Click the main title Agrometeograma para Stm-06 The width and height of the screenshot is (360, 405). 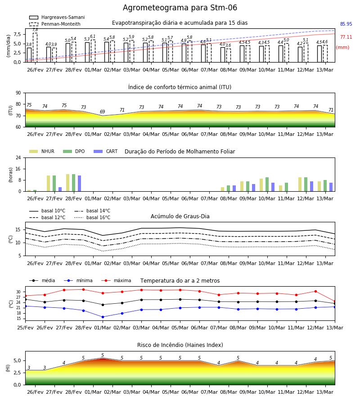click(x=180, y=8)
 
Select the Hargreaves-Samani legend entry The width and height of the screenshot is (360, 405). click(x=57, y=17)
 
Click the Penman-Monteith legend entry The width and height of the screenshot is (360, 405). click(x=55, y=24)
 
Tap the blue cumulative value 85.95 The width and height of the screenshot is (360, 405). click(x=346, y=24)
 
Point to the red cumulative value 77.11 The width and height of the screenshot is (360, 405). click(x=346, y=37)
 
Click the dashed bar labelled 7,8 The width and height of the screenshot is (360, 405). click(x=35, y=48)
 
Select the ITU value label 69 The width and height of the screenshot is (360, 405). click(x=103, y=112)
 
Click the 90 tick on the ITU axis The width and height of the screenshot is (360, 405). click(x=18, y=93)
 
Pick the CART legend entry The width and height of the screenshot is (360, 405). click(x=106, y=151)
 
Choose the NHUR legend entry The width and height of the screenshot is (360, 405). click(x=42, y=151)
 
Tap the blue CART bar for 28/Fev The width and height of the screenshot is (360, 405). click(x=80, y=184)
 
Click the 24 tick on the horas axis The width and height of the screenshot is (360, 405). click(x=18, y=157)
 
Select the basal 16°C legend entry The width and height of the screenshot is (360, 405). click(x=92, y=217)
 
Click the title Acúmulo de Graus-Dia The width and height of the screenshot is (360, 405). click(x=180, y=216)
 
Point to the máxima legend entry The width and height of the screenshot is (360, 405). click(x=116, y=280)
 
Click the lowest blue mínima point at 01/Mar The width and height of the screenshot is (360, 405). click(x=103, y=317)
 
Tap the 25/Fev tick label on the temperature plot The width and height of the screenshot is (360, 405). click(x=25, y=328)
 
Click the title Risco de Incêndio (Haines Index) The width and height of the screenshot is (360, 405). click(x=180, y=345)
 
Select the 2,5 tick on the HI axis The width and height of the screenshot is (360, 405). click(x=18, y=373)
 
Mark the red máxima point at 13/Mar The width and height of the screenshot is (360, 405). click(x=335, y=301)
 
